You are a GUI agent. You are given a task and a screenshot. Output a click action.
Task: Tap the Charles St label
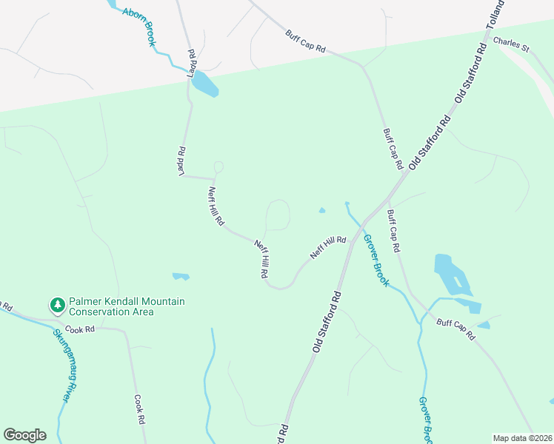(512, 45)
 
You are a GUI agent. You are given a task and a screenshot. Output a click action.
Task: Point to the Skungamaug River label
(64, 366)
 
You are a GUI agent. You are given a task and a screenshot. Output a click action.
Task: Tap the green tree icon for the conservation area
(57, 305)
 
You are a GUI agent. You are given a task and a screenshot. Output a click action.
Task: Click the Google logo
(24, 435)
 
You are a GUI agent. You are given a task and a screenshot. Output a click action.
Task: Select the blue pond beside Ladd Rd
(205, 85)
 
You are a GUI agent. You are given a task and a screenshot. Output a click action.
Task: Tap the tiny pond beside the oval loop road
(321, 210)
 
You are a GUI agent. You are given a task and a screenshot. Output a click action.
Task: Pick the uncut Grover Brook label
(376, 261)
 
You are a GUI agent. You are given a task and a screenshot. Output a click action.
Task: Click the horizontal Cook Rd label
(81, 329)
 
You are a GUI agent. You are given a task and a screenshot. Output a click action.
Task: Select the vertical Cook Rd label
(138, 408)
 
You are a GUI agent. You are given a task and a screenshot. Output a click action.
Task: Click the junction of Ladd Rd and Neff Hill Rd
(214, 178)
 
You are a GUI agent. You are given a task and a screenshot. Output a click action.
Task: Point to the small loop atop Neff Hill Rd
(218, 167)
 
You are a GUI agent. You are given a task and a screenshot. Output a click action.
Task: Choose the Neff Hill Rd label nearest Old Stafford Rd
(328, 247)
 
